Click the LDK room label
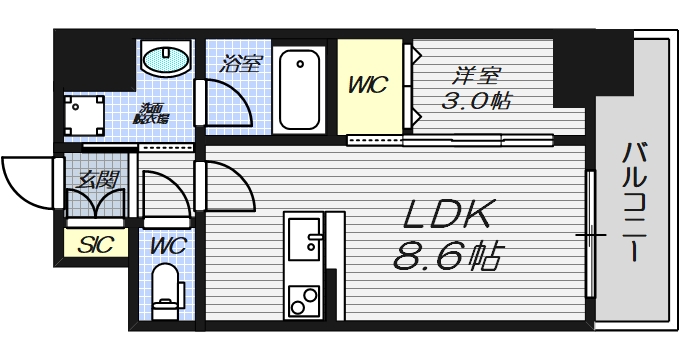449,216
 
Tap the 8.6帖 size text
446,257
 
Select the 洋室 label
476,75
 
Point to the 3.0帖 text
476,101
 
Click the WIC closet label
366,87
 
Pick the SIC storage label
96,242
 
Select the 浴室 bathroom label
241,64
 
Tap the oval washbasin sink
164,60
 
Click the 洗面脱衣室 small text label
152,112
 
